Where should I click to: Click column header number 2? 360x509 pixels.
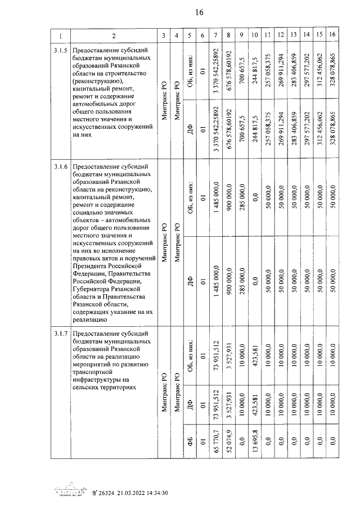pos(113,37)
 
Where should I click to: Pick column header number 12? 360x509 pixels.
pos(281,37)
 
